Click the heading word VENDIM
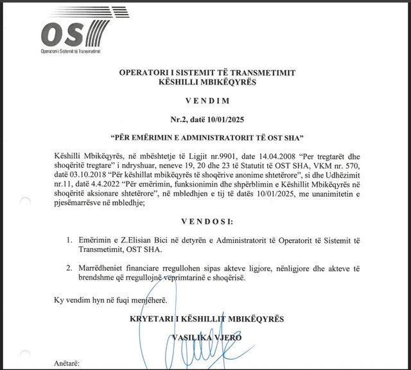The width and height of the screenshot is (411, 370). click(x=207, y=101)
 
